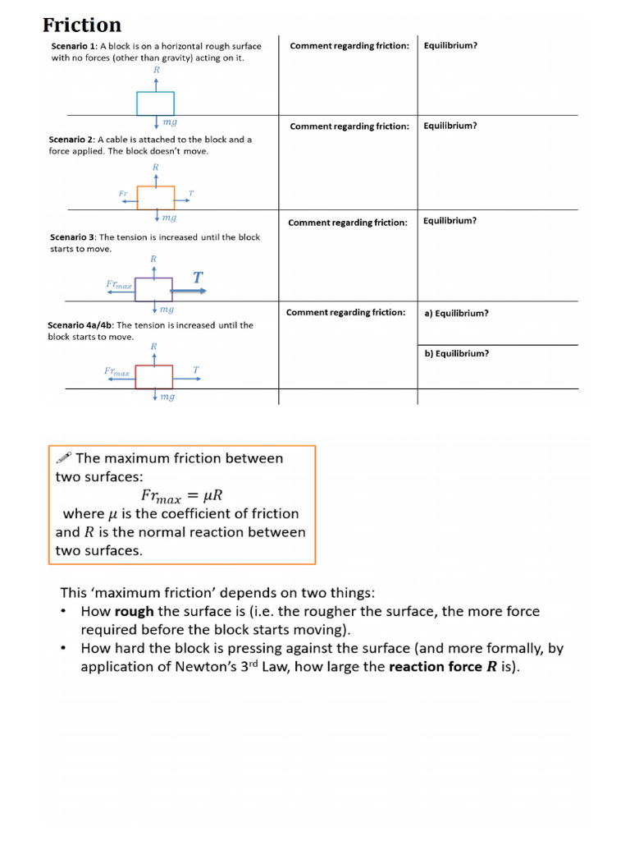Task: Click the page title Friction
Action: pyautogui.click(x=82, y=25)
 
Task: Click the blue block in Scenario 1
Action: pyautogui.click(x=156, y=103)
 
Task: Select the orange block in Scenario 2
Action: pyautogui.click(x=156, y=198)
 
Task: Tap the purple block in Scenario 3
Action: pyautogui.click(x=153, y=290)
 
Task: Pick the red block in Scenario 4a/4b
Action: pyautogui.click(x=154, y=376)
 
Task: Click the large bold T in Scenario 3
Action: pyautogui.click(x=198, y=278)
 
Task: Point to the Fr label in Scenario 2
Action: pyautogui.click(x=124, y=194)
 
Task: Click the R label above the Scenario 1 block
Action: pyautogui.click(x=156, y=71)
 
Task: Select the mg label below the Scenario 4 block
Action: pyautogui.click(x=167, y=397)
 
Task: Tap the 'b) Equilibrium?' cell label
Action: pyautogui.click(x=456, y=354)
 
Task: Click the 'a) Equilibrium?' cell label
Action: pyautogui.click(x=456, y=313)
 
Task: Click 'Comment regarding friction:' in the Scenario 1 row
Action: pyautogui.click(x=349, y=46)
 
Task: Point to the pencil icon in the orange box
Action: pyautogui.click(x=63, y=458)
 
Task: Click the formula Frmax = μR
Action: pyautogui.click(x=182, y=495)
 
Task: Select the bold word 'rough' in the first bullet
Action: pyautogui.click(x=134, y=612)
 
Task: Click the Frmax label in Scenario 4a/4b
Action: pyautogui.click(x=116, y=372)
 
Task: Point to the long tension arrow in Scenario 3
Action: pyautogui.click(x=190, y=290)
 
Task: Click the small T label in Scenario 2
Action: pyautogui.click(x=191, y=194)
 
